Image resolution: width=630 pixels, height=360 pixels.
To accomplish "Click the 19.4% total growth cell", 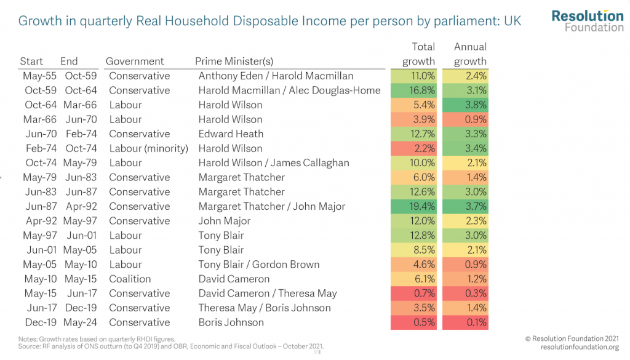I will coord(413,206).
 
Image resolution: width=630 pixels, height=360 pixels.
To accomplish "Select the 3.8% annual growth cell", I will coord(465,105).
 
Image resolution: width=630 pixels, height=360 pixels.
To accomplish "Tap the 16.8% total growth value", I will coord(413,90).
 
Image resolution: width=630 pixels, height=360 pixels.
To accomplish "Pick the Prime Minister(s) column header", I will coord(234,61).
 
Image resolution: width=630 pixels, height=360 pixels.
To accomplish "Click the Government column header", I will coord(135,61).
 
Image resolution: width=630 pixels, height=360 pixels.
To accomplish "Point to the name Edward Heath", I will coord(231,134).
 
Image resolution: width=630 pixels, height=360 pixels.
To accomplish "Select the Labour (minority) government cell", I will coord(148,148).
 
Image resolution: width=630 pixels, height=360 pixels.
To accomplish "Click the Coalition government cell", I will coord(130,279).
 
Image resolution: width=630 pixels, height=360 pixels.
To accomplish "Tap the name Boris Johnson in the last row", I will coord(231,322).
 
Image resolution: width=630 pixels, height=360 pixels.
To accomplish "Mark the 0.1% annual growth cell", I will coord(465,322).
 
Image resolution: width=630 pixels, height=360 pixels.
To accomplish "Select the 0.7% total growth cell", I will coord(413,294).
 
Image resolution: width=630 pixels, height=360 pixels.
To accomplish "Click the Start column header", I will coord(31,61).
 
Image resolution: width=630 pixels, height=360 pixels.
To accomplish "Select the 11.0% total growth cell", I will coord(413,76).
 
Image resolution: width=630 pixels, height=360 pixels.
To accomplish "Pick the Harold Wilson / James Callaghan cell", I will coord(273,163).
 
